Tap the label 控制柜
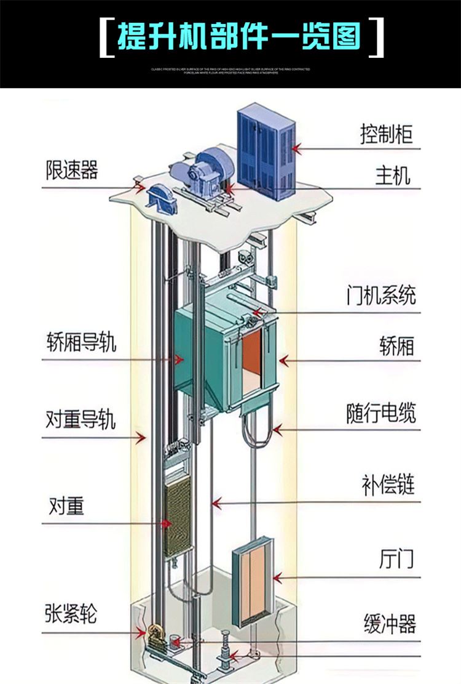click(386, 134)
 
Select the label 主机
click(393, 176)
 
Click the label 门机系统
click(380, 296)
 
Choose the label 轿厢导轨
click(81, 342)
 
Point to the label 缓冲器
click(390, 624)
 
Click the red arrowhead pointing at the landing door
click(278, 577)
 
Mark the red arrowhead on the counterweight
click(166, 523)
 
